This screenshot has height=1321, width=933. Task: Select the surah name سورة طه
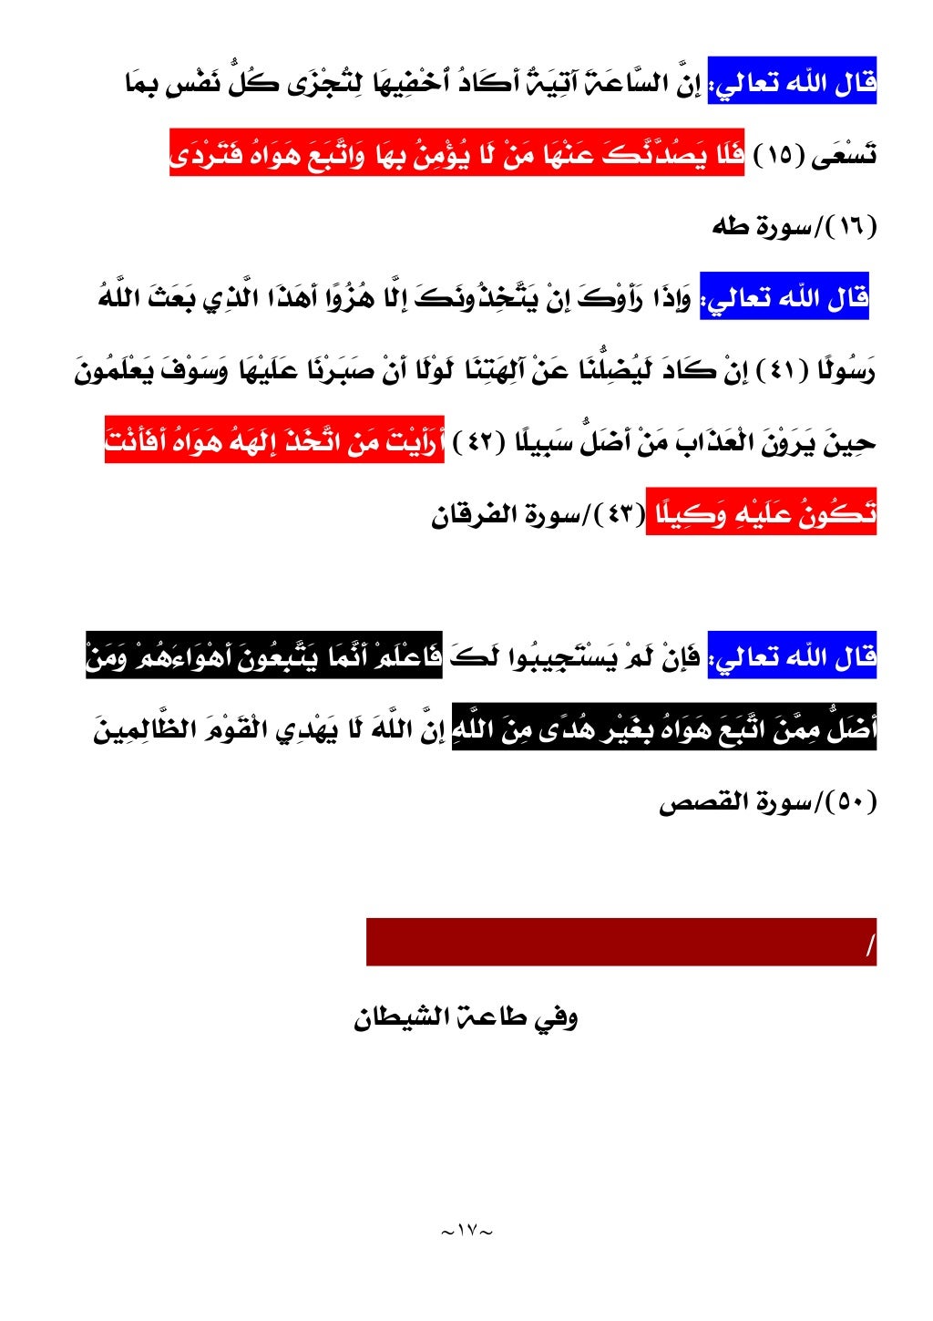(761, 227)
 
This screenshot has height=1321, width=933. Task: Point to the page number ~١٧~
(466, 1231)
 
